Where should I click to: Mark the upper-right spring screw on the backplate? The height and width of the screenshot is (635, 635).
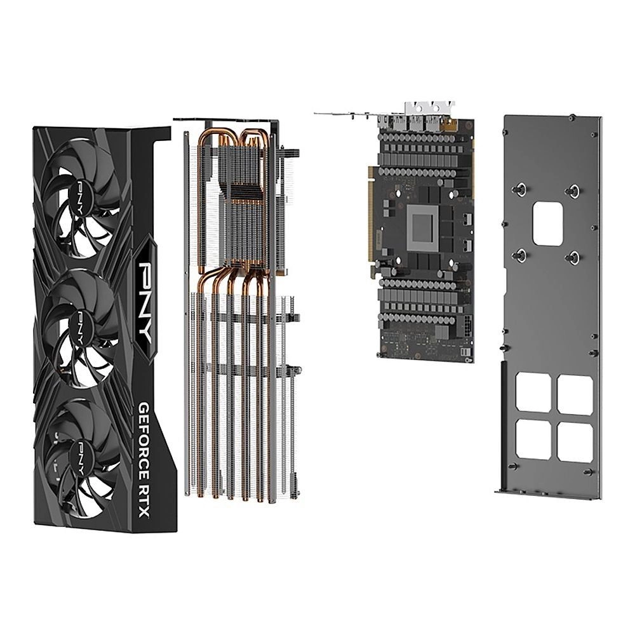574,189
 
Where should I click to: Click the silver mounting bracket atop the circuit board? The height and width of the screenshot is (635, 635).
425,112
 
